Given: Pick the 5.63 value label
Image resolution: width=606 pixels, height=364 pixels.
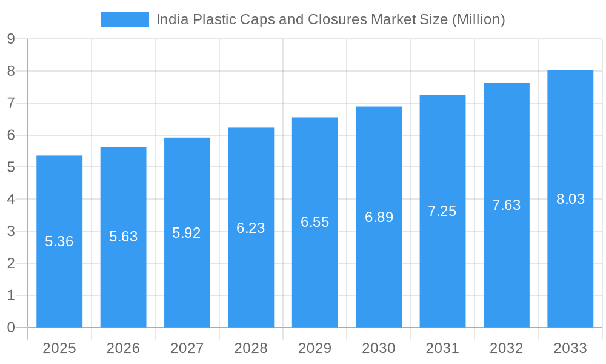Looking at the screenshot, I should [124, 237].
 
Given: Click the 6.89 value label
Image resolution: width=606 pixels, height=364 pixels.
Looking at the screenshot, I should [379, 217].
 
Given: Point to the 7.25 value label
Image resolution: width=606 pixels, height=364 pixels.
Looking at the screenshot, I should [442, 211].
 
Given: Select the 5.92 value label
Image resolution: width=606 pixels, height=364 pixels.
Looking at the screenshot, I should [187, 233].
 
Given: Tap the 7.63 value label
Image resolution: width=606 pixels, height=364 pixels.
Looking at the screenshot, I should [506, 205].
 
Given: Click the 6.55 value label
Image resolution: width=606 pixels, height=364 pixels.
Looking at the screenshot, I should [315, 222].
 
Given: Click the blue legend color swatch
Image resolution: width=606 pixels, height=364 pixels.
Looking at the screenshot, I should [124, 19].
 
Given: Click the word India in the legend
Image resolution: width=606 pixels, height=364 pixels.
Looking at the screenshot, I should [172, 19].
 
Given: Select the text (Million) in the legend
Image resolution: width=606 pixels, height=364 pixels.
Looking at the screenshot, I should [478, 19].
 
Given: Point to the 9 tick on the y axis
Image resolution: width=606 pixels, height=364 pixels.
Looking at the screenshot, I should [11, 39].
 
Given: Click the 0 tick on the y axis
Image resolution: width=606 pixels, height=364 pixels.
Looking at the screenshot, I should [11, 328].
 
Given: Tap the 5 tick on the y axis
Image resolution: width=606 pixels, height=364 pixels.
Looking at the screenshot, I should [11, 167].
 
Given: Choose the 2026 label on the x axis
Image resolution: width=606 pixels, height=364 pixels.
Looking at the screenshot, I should [123, 348].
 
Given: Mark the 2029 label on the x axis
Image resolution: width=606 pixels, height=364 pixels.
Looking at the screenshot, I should [315, 348].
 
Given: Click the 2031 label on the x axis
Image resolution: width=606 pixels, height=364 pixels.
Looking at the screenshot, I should [442, 348].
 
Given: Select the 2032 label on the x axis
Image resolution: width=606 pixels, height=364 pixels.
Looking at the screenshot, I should [506, 348].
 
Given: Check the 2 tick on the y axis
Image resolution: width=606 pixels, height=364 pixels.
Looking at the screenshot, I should [11, 263].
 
